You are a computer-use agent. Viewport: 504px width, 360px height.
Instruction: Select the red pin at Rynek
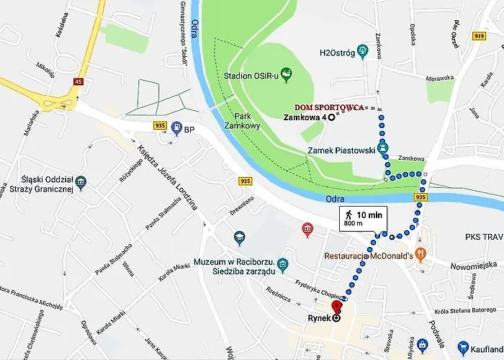coord(336,310)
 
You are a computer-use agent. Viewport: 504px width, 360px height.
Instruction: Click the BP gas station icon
coord(176,129)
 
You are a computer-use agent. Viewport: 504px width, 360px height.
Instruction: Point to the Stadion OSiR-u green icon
coord(287,73)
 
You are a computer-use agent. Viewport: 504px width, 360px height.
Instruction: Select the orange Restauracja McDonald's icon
coord(421,255)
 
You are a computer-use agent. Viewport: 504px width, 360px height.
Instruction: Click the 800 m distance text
coord(354,224)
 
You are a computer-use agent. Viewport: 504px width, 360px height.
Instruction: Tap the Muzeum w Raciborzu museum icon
coord(283,265)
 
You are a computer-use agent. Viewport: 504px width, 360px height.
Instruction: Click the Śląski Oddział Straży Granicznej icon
coord(81,180)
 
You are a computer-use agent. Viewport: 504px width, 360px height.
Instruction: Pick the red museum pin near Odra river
coord(307,230)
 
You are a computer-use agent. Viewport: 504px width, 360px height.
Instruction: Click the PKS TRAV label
coord(483,236)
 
